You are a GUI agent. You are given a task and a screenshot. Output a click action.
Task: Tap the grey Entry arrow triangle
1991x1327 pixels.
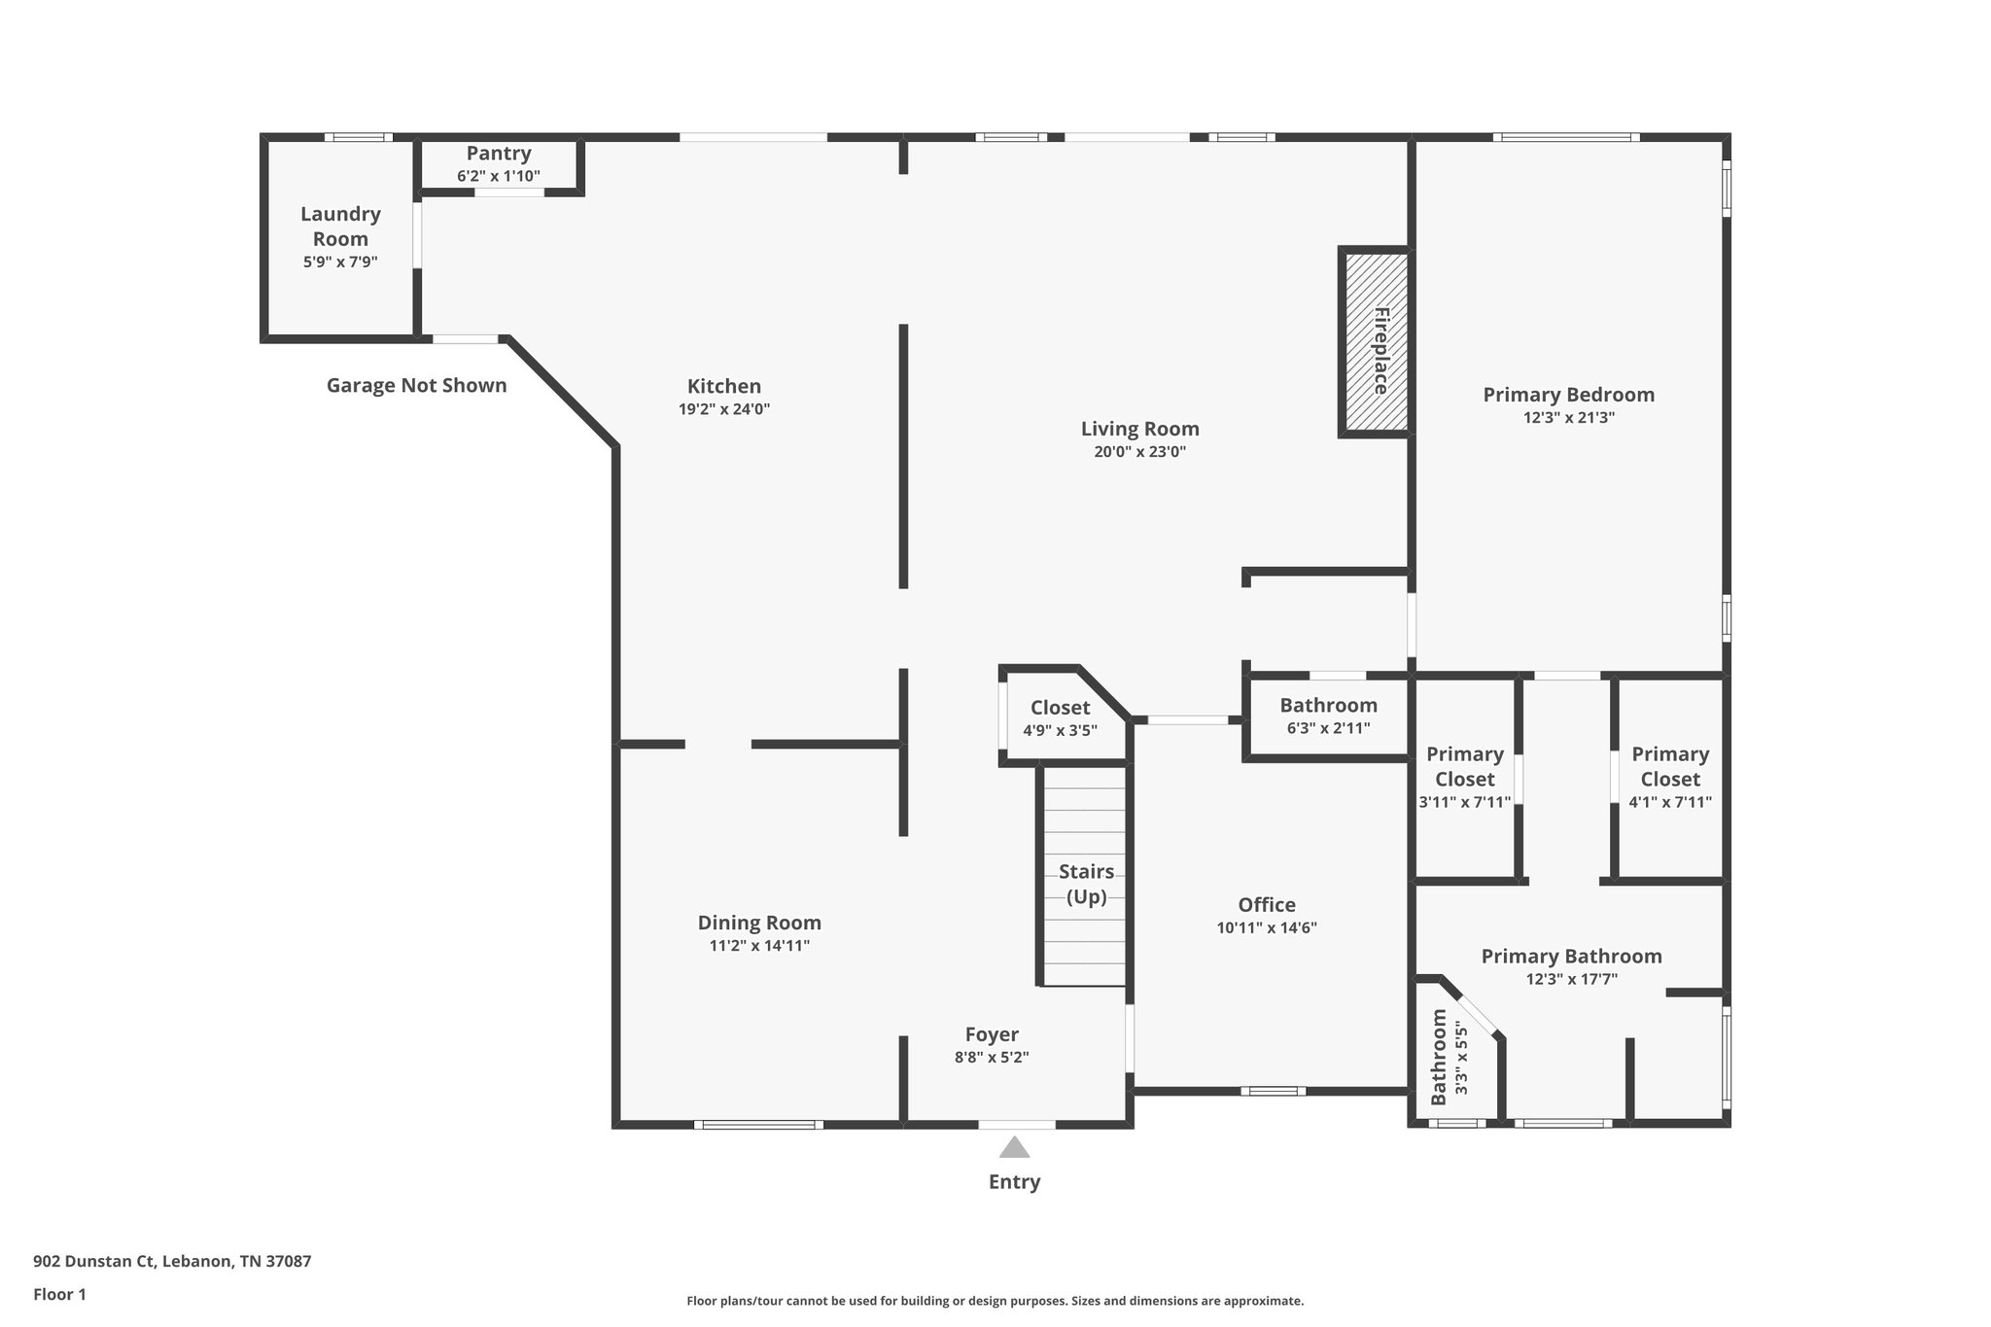tap(1014, 1147)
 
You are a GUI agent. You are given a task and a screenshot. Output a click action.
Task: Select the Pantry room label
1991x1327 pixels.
tap(499, 154)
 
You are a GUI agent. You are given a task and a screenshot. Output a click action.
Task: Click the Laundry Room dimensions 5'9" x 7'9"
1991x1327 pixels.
tap(340, 262)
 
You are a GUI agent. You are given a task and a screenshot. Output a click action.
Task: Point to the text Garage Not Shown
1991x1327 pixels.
tap(416, 385)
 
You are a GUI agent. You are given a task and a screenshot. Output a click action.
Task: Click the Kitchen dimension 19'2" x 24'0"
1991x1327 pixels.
tap(724, 409)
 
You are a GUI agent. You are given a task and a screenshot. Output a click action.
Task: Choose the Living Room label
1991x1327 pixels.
tap(1140, 429)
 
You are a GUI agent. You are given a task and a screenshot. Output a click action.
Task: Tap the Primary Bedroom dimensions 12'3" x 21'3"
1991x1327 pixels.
tap(1569, 418)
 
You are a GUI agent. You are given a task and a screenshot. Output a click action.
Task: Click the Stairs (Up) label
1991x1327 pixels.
tap(1086, 884)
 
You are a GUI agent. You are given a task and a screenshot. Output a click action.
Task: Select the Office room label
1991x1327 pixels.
tap(1267, 905)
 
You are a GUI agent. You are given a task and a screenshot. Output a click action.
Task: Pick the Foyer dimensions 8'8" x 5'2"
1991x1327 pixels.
tap(992, 1058)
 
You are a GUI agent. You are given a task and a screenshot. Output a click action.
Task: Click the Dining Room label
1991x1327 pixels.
tap(759, 923)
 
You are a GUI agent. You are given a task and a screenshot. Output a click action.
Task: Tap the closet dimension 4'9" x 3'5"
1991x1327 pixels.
tap(1060, 731)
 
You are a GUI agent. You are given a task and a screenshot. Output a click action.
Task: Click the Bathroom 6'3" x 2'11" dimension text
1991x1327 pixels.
tap(1328, 728)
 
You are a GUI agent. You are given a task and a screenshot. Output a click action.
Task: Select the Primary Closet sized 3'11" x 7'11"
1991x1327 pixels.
tap(1465, 778)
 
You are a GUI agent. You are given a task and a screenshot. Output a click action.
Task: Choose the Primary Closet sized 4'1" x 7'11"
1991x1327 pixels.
tap(1670, 778)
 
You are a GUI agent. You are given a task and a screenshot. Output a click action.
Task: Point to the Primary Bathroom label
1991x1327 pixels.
tap(1571, 957)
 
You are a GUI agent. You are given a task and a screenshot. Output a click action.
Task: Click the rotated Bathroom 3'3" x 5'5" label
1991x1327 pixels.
tap(1449, 1058)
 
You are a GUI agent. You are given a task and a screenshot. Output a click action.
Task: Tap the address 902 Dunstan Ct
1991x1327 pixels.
tap(94, 1262)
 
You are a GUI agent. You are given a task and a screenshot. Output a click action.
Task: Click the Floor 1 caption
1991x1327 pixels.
tap(59, 1295)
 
